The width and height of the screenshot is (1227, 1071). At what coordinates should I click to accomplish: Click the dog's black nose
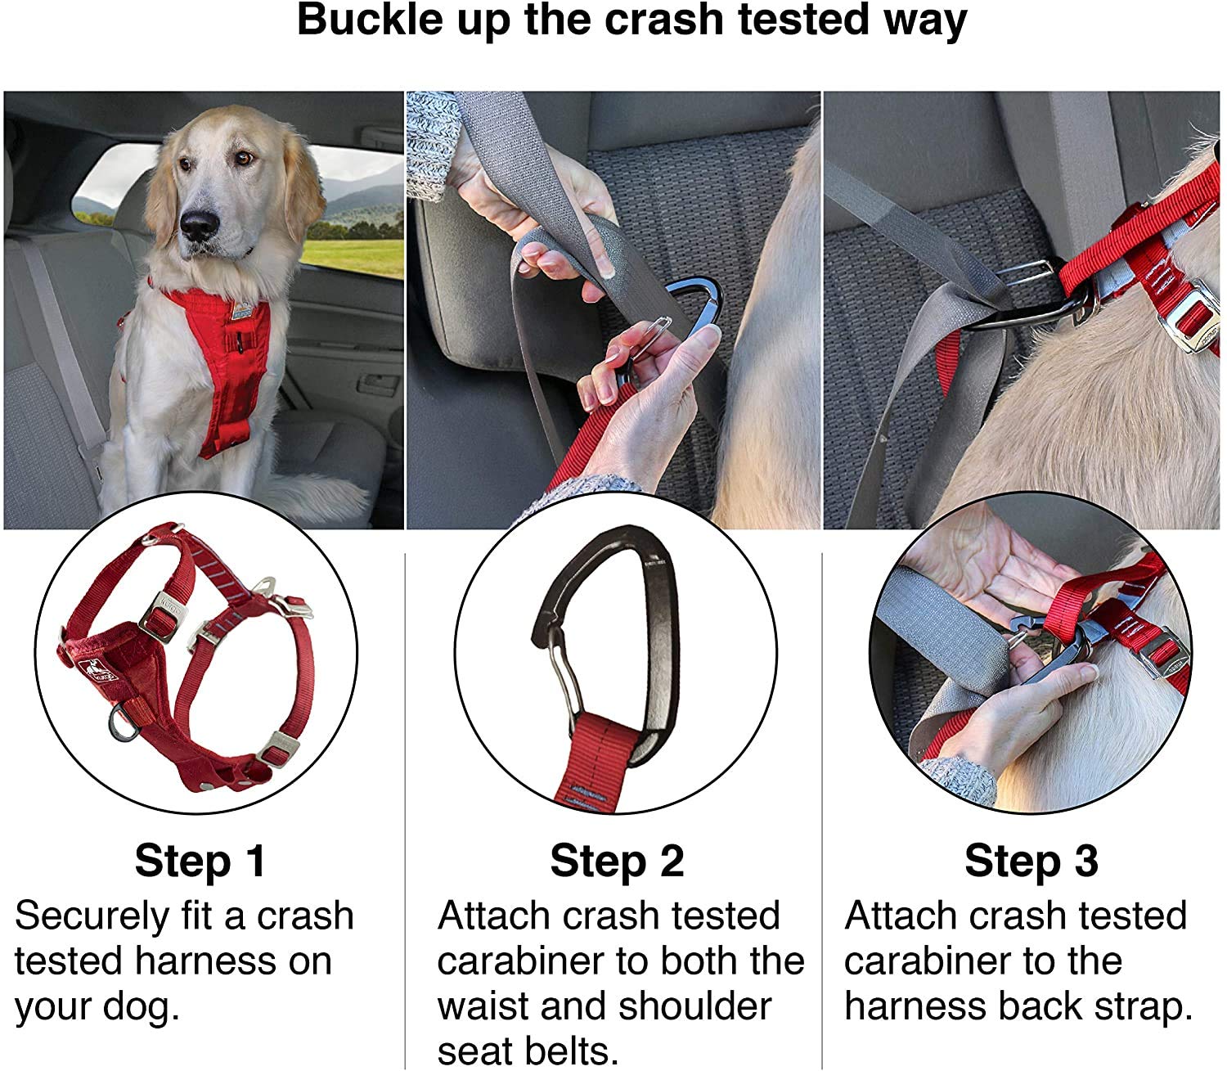[199, 224]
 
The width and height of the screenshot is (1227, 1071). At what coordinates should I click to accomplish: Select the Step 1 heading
[200, 862]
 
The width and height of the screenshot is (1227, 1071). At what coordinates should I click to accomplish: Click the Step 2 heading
[617, 862]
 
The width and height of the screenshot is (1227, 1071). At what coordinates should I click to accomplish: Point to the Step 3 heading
[1031, 862]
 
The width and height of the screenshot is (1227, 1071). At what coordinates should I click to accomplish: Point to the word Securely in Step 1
[90, 916]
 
